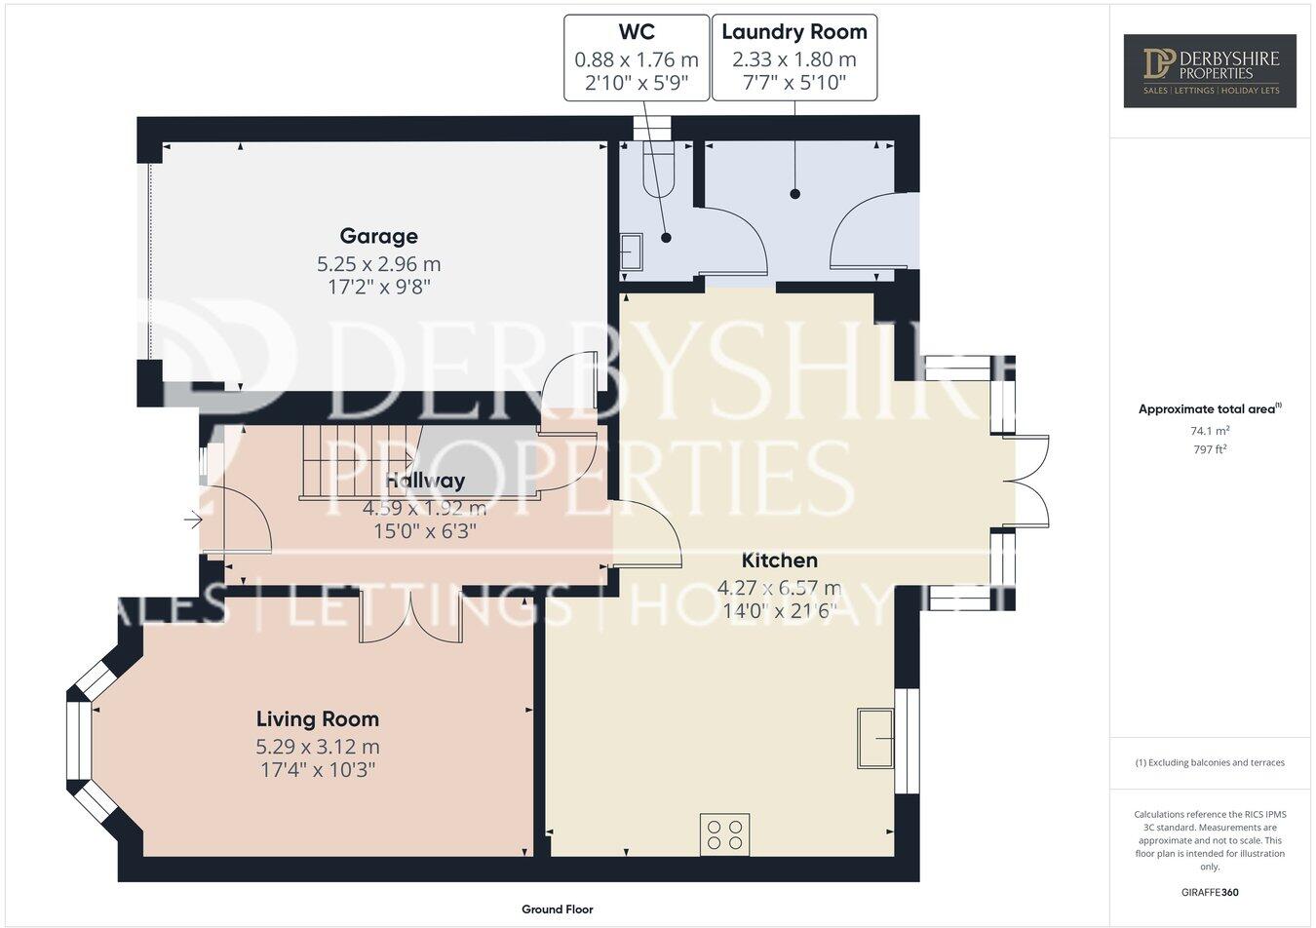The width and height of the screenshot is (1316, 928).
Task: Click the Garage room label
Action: [x=378, y=236]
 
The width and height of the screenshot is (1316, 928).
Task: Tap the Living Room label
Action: [x=317, y=719]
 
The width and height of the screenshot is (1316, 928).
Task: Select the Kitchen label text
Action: [x=779, y=561]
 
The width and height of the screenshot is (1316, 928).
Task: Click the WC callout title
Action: [x=637, y=32]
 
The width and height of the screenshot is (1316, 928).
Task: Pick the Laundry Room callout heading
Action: [x=793, y=32]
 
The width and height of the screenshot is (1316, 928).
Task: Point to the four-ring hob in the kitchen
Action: [x=724, y=834]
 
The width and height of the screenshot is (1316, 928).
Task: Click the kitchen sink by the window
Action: [x=875, y=738]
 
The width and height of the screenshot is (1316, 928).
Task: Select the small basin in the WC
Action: [x=631, y=251]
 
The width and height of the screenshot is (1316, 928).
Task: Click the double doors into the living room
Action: [x=410, y=618]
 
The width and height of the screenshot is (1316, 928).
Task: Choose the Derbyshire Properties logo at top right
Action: [x=1209, y=70]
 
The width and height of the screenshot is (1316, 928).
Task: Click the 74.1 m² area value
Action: [x=1209, y=430]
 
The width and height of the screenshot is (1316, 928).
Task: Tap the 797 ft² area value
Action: [x=1209, y=449]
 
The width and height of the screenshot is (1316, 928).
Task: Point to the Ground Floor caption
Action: [x=557, y=909]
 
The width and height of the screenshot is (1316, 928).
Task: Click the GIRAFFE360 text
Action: [x=1209, y=892]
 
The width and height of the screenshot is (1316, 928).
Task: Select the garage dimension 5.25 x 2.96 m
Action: [x=378, y=264]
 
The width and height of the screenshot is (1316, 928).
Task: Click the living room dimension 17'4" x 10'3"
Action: [x=317, y=770]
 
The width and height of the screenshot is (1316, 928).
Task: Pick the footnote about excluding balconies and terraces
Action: [x=1209, y=762]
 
